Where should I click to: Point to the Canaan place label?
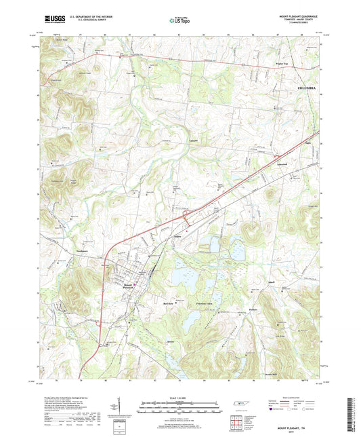[194, 140]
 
